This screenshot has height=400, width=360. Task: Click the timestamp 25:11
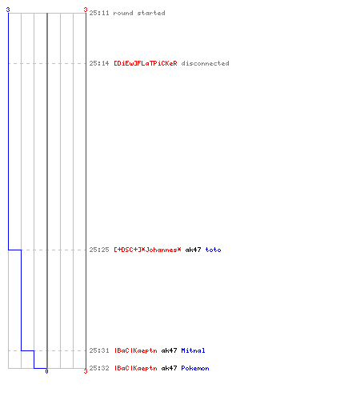(x=99, y=13)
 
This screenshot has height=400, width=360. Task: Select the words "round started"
(x=139, y=13)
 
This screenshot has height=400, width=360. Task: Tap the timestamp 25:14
(x=99, y=63)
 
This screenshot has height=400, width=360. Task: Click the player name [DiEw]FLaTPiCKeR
(x=146, y=63)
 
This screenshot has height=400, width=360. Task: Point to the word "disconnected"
(x=205, y=63)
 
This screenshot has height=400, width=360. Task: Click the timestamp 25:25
(x=99, y=250)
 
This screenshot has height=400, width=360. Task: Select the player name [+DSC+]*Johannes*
(x=147, y=250)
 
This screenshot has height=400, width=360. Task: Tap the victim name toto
(x=213, y=250)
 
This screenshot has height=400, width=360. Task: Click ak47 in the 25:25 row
(x=193, y=250)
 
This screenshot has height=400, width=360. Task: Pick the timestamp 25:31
(x=99, y=350)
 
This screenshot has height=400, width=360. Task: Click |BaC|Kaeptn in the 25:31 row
(x=136, y=350)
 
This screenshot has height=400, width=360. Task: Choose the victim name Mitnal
(x=193, y=350)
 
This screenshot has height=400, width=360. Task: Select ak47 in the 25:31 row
(x=169, y=350)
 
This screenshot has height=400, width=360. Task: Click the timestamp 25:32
(x=99, y=368)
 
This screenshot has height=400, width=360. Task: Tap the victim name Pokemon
(x=195, y=368)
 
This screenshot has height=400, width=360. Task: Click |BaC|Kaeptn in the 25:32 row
(x=136, y=368)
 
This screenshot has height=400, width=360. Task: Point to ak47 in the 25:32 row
(x=169, y=368)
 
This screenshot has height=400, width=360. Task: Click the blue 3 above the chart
(x=8, y=10)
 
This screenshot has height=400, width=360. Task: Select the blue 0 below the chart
(x=46, y=371)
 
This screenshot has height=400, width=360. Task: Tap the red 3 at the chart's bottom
(x=86, y=371)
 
